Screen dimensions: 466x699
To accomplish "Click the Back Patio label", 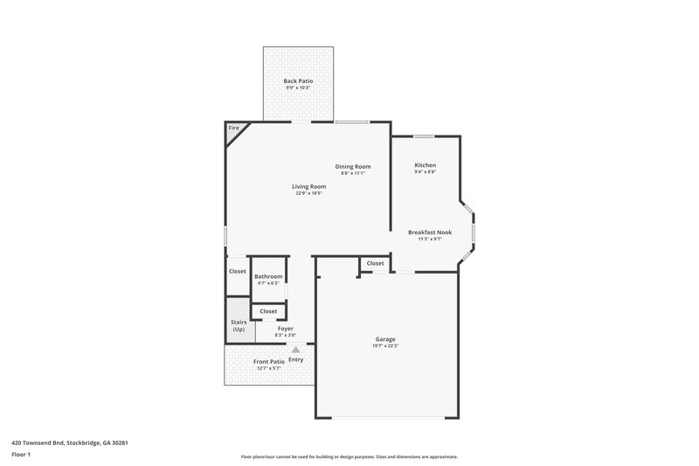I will coord(298,80).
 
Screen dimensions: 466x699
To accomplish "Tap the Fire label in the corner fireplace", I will coord(233,129).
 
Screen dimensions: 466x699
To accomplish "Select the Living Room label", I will coord(308,186).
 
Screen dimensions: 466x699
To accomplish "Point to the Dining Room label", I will coord(353,166).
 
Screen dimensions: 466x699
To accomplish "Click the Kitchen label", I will coord(425,165).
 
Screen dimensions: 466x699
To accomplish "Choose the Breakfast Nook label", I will coord(430,232).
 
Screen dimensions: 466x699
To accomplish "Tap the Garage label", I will coord(385,339).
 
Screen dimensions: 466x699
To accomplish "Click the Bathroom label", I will coord(268,276).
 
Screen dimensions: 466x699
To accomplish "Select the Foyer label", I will coord(286,328).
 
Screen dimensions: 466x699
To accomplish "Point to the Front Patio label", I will coord(268,361).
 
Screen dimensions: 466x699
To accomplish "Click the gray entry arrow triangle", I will coord(295,350).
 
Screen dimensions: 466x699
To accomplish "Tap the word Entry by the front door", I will coord(296,359).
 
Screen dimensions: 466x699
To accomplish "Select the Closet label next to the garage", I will coord(375,263).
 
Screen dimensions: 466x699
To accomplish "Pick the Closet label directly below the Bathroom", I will coord(268,310).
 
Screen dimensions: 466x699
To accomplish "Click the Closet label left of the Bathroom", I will coord(238,271).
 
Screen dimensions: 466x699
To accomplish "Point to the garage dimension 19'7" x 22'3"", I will coord(385,346).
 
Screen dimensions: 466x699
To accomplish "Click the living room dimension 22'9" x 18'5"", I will coord(308,193).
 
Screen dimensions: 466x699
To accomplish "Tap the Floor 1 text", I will coord(21,455).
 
